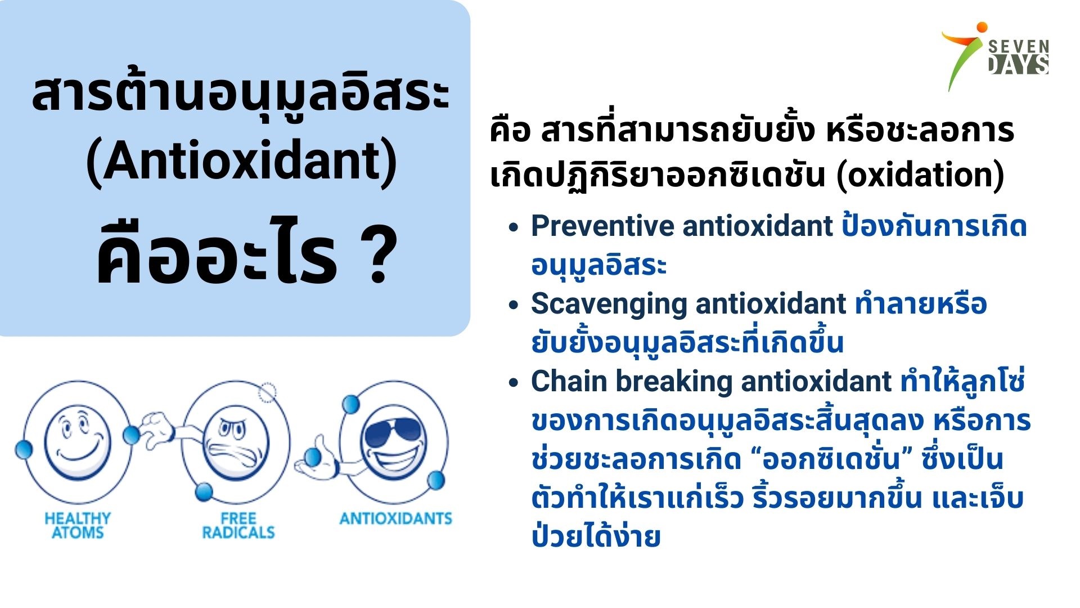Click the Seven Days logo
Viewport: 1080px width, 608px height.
point(995,56)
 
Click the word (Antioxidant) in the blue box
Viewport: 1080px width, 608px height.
point(242,162)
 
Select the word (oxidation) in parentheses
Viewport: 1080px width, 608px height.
point(920,176)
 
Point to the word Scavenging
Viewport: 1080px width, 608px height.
point(609,305)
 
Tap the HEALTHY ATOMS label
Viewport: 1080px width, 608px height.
point(78,525)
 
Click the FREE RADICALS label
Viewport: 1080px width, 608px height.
point(238,525)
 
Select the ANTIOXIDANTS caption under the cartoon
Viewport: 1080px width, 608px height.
point(395,518)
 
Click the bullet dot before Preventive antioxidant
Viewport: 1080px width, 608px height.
point(513,227)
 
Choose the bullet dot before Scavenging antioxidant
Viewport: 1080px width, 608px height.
point(513,305)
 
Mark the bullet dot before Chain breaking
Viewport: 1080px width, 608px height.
point(513,383)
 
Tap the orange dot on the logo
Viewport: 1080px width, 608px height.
point(982,27)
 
